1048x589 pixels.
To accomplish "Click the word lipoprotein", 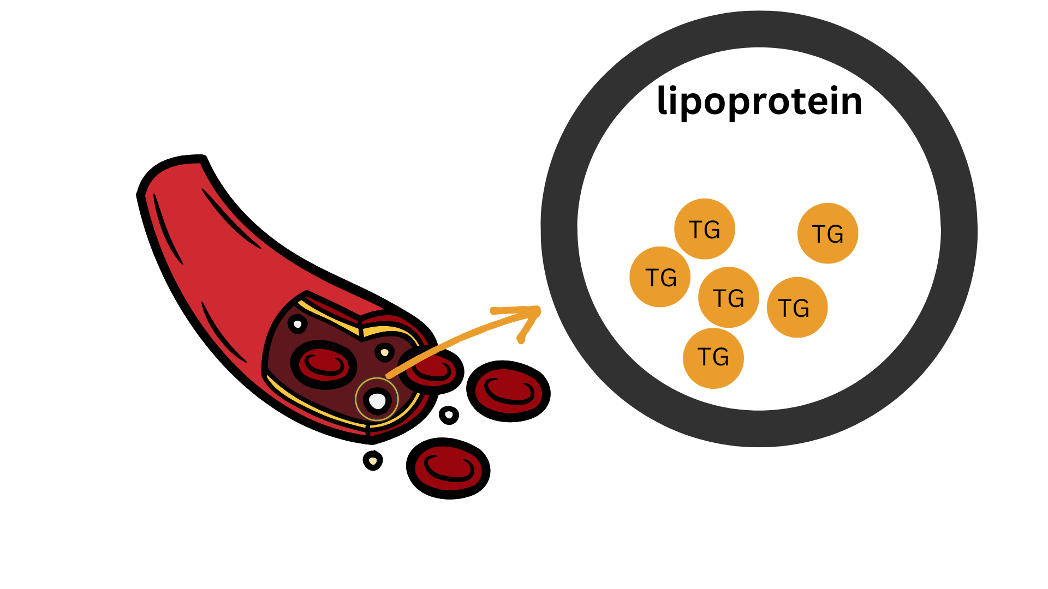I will click(x=759, y=101).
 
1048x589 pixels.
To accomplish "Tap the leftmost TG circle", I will click(x=660, y=277).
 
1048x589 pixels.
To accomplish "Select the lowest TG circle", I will click(x=713, y=358).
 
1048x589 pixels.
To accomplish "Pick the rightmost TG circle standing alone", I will click(x=827, y=233).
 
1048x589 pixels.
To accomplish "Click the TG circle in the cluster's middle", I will click(x=728, y=298).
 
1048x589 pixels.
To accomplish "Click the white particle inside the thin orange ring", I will click(x=377, y=401).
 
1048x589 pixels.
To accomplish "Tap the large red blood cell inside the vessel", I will click(x=324, y=365).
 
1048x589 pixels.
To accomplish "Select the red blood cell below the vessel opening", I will click(x=448, y=468).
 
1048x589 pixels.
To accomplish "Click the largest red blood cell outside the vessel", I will click(x=508, y=391).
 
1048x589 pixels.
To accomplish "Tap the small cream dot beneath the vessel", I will click(x=373, y=461).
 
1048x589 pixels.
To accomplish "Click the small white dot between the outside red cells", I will click(x=449, y=415).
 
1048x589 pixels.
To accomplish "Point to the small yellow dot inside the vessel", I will click(x=385, y=352).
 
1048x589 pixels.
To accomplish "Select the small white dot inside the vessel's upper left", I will click(x=297, y=324).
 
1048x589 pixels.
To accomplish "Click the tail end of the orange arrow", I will click(x=389, y=376).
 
